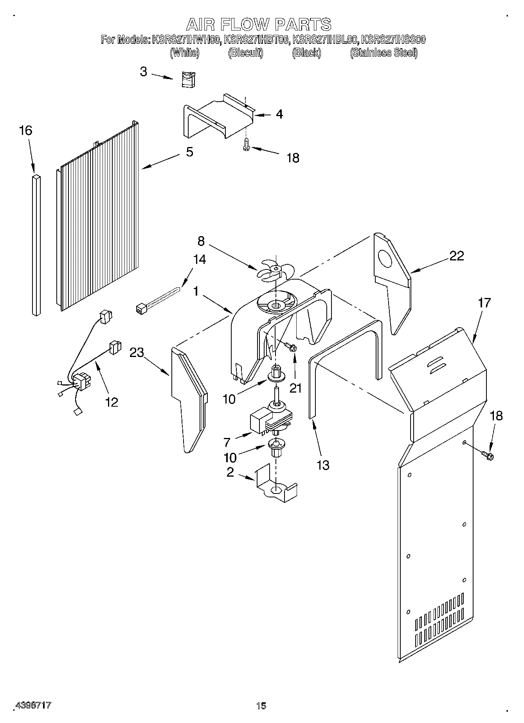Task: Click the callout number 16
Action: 25,131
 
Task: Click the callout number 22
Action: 456,256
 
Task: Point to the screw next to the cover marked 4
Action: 246,145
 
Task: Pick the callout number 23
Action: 137,353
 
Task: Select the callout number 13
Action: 323,465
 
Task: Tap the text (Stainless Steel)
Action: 384,53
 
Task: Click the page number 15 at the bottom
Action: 261,705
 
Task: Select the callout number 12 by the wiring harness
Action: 112,402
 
